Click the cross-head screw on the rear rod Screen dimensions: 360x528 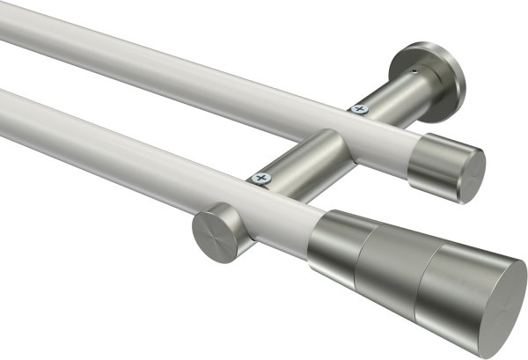358,109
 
